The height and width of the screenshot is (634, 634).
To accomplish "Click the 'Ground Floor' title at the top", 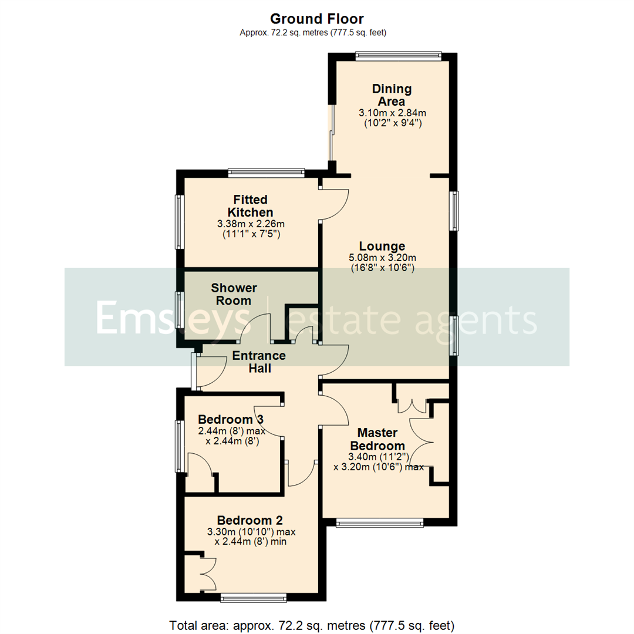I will click(x=317, y=19).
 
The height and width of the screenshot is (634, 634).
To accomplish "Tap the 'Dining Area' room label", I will click(x=392, y=95).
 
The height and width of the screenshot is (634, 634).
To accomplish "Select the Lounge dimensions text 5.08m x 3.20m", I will click(x=383, y=257).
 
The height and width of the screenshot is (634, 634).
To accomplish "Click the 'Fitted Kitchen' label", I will click(x=251, y=205).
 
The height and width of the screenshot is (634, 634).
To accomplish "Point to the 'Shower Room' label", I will click(x=234, y=294).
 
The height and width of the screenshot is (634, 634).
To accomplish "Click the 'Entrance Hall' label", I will click(x=259, y=362).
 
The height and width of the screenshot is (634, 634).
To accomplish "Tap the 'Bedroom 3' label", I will click(x=231, y=420).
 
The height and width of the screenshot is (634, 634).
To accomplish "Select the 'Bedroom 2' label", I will click(x=250, y=520).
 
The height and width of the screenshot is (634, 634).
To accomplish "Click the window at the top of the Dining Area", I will click(x=398, y=56).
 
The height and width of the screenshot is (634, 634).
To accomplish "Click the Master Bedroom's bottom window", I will click(x=379, y=522).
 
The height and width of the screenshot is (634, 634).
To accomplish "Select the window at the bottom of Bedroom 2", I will click(x=253, y=598).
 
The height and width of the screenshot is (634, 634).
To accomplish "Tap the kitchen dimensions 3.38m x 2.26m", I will click(x=251, y=224).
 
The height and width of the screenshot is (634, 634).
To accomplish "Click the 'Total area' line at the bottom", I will click(x=312, y=624).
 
